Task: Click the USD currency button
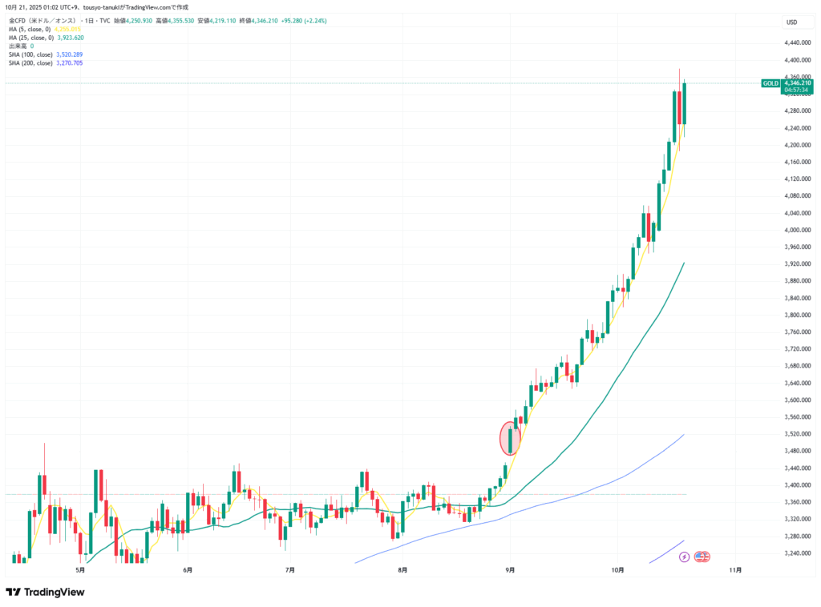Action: click(791, 22)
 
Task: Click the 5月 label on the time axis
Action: click(79, 570)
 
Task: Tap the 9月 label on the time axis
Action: click(510, 570)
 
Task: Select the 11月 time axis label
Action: click(735, 570)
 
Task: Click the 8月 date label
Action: click(402, 570)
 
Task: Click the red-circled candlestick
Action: click(511, 438)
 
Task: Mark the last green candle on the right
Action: click(684, 103)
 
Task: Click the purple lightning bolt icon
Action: click(684, 556)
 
